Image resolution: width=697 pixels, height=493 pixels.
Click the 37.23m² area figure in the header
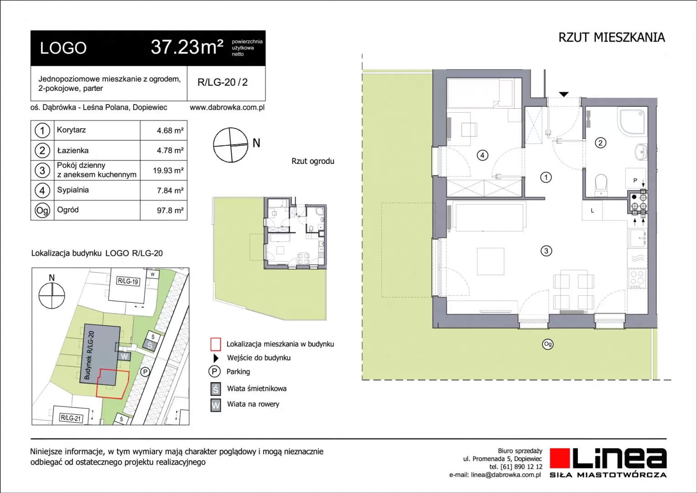187,47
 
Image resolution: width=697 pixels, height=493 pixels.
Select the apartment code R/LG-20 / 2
223,82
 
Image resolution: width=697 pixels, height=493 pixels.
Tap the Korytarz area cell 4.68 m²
170,131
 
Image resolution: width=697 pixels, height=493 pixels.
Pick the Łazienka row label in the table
73,151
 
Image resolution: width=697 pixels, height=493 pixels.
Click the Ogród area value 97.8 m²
170,210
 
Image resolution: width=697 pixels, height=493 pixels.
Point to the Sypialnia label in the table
73,190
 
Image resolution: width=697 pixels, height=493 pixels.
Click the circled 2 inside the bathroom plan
600,143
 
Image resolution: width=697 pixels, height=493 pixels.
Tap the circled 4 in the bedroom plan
482,155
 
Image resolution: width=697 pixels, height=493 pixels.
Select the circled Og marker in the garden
548,344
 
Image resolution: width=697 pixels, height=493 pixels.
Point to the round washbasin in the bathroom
640,152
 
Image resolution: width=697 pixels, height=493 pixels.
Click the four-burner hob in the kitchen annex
637,279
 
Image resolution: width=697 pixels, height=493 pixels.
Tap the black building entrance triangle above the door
564,94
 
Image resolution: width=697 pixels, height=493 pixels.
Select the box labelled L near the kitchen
592,210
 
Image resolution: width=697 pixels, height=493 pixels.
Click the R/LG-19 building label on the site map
128,281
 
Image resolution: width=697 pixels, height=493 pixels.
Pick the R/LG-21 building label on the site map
71,418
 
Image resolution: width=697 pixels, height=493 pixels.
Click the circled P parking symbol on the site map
145,372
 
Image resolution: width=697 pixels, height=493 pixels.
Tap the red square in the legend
216,345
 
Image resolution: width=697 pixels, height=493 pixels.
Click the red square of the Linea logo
560,458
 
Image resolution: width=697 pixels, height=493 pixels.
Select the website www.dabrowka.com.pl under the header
227,108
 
